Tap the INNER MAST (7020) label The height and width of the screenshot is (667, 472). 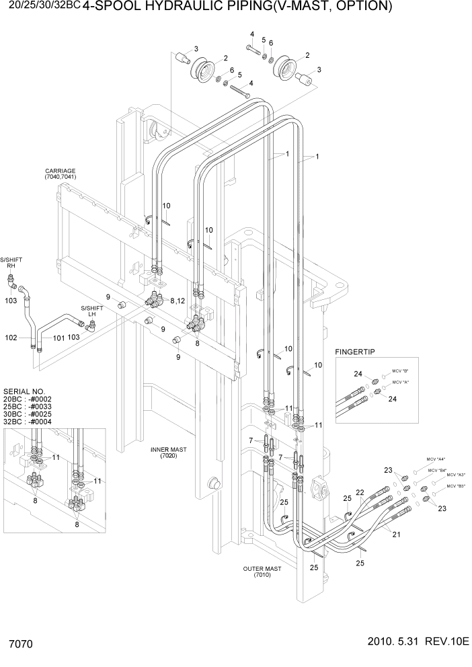pyautogui.click(x=169, y=452)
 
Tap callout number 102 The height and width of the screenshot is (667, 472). pyautogui.click(x=11, y=338)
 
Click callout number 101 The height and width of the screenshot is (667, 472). pyautogui.click(x=58, y=338)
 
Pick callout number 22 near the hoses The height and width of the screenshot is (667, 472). pyautogui.click(x=360, y=493)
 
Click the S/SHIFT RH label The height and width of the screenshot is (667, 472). pyautogui.click(x=11, y=262)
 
